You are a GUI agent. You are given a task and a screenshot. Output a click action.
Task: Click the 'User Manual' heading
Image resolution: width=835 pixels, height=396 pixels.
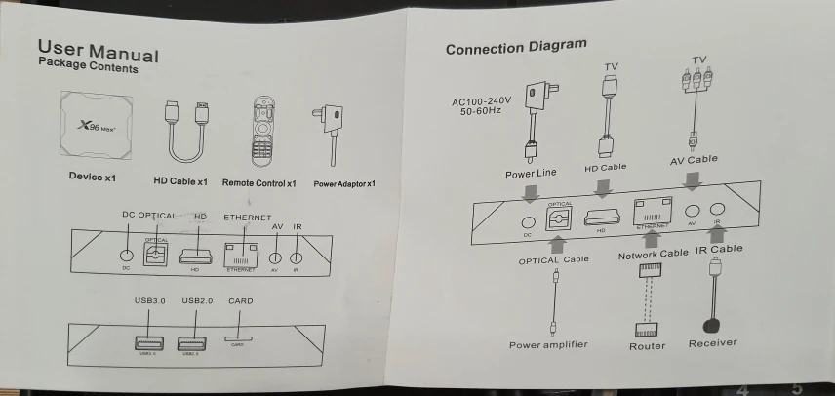[x=98, y=50]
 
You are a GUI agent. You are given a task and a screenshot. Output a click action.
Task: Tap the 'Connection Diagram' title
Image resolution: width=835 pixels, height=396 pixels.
[x=516, y=46]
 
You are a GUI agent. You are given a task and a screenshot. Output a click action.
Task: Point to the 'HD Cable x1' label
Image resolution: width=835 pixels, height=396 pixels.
[x=180, y=181]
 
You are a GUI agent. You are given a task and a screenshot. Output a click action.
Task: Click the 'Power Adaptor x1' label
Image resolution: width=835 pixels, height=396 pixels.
[x=343, y=183]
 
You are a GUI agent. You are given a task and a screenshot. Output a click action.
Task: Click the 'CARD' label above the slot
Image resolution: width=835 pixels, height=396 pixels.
[x=239, y=301]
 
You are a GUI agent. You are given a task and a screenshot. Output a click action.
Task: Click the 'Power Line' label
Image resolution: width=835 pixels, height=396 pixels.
[x=531, y=174]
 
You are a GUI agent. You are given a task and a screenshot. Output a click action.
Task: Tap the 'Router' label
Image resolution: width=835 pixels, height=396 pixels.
[x=647, y=345]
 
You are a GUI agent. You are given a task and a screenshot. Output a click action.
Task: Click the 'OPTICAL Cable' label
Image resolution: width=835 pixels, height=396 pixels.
[x=553, y=260]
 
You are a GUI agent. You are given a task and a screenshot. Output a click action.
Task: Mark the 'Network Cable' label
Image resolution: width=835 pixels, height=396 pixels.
[x=653, y=255]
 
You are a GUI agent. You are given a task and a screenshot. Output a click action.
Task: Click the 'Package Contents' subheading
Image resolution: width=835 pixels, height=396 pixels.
[x=88, y=67]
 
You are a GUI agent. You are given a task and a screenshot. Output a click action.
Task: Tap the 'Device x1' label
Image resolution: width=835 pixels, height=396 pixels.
[x=93, y=178]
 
